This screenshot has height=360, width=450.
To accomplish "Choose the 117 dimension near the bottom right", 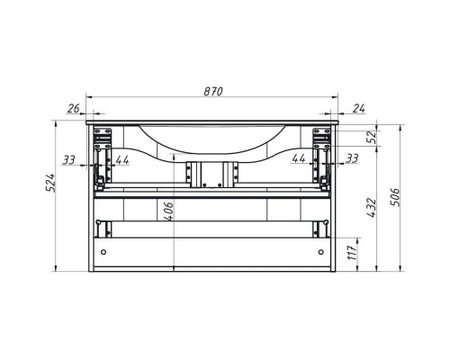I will point(361,254).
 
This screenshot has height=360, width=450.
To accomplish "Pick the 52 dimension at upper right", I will point(368,136).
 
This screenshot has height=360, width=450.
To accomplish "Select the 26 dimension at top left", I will point(73,110).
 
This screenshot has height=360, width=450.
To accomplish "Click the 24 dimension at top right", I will point(359,110).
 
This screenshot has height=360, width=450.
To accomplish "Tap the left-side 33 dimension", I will point(70,159).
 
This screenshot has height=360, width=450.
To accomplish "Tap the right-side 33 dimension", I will point(352,158).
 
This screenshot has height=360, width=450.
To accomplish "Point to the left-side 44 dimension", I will point(121,159).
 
